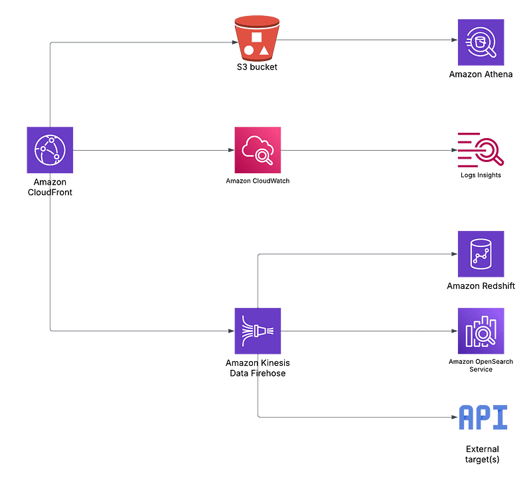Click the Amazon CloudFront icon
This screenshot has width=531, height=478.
(50, 150)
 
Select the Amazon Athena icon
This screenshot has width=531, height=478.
(481, 43)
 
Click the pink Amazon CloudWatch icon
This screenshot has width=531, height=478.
(258, 150)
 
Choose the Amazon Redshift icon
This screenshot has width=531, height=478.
(481, 254)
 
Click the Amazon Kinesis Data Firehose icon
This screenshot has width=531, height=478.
(258, 331)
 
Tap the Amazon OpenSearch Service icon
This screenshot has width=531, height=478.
(481, 331)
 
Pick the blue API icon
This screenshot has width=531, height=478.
(483, 418)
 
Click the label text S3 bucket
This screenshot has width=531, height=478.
(257, 67)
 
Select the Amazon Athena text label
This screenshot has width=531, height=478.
(481, 74)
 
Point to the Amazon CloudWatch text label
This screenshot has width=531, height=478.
(258, 181)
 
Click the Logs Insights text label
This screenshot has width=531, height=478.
(481, 175)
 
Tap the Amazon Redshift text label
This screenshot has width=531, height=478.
(481, 286)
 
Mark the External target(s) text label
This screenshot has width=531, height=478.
(483, 454)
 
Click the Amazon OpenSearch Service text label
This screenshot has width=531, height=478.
(481, 365)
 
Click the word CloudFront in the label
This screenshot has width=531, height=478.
(50, 192)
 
